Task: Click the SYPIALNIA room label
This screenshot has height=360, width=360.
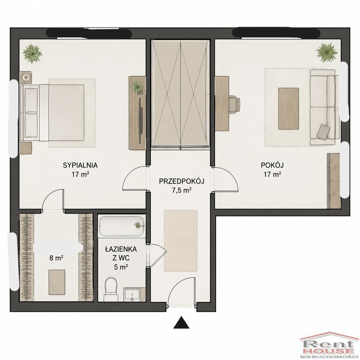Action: [80, 165]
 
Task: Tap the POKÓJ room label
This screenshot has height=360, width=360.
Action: [272, 165]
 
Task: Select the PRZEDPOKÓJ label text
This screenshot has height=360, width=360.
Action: [181, 181]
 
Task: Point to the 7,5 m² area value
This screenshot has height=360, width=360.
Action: [182, 190]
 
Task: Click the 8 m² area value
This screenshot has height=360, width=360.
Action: [56, 258]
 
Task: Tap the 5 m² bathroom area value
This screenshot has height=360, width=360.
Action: [121, 267]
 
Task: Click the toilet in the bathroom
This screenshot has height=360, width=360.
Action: [111, 289]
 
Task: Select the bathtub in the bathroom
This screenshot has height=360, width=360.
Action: [122, 225]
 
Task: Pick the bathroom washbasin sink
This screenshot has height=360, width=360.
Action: [132, 295]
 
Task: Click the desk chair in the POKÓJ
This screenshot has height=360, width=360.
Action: [234, 104]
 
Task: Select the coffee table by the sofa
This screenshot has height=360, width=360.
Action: [288, 108]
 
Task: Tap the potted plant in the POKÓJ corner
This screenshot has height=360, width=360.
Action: [326, 52]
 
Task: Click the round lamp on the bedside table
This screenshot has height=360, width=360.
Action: [26, 77]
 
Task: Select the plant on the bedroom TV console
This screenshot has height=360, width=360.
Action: [137, 87]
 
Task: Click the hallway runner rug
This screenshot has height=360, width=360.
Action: [180, 241]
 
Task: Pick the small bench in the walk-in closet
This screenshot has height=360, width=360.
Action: [57, 282]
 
